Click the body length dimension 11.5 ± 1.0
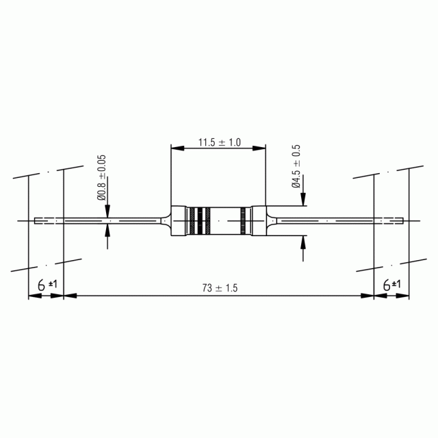219,142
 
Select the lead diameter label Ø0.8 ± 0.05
102,178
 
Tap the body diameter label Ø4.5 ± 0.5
296,166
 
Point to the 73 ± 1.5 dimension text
220,287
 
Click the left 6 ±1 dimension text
47,285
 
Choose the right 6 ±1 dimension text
391,285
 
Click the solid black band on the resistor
201,221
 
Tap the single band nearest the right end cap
243,221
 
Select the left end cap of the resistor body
179,221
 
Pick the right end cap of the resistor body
258,221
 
